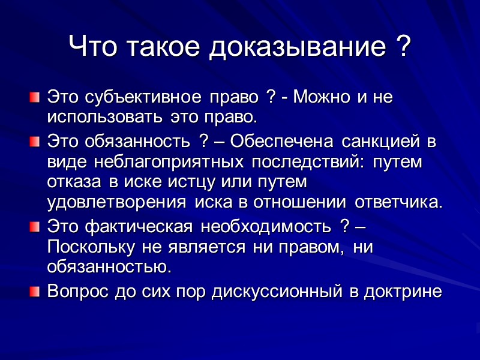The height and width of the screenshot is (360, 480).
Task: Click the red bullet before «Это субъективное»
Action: (x=35, y=96)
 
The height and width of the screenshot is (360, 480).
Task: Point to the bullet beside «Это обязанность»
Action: (x=35, y=143)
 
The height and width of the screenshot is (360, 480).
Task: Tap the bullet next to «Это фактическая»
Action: (x=35, y=227)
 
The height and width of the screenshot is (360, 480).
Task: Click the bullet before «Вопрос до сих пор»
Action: (x=35, y=292)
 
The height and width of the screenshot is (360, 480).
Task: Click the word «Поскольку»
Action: (x=93, y=247)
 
